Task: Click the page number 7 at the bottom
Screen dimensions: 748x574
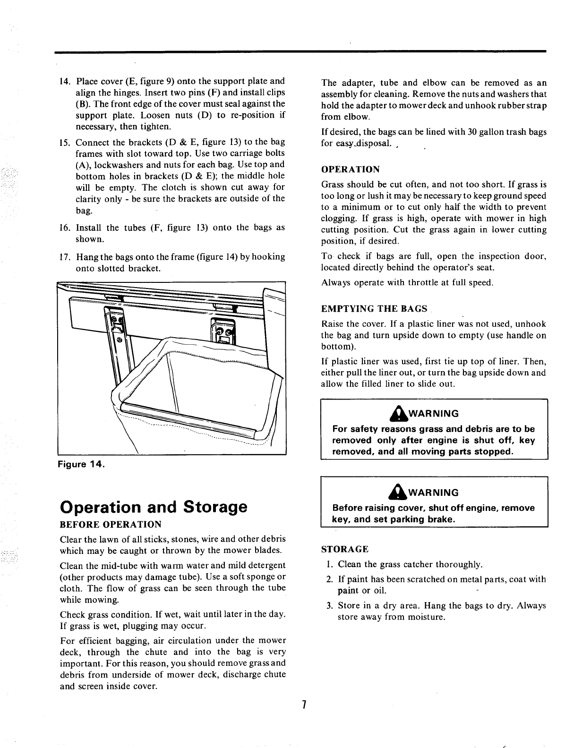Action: click(x=305, y=705)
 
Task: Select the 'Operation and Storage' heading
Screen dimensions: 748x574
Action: click(x=154, y=507)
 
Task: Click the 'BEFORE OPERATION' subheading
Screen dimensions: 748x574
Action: click(x=111, y=524)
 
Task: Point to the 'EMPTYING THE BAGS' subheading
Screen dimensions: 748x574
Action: click(x=374, y=309)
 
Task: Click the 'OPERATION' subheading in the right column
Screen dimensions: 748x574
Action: click(x=350, y=169)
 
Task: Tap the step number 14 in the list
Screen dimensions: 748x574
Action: click(x=65, y=81)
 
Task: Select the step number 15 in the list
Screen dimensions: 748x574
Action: click(x=65, y=142)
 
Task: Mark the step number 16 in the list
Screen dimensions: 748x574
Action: click(x=65, y=228)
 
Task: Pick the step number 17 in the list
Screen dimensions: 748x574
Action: click(x=65, y=257)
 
